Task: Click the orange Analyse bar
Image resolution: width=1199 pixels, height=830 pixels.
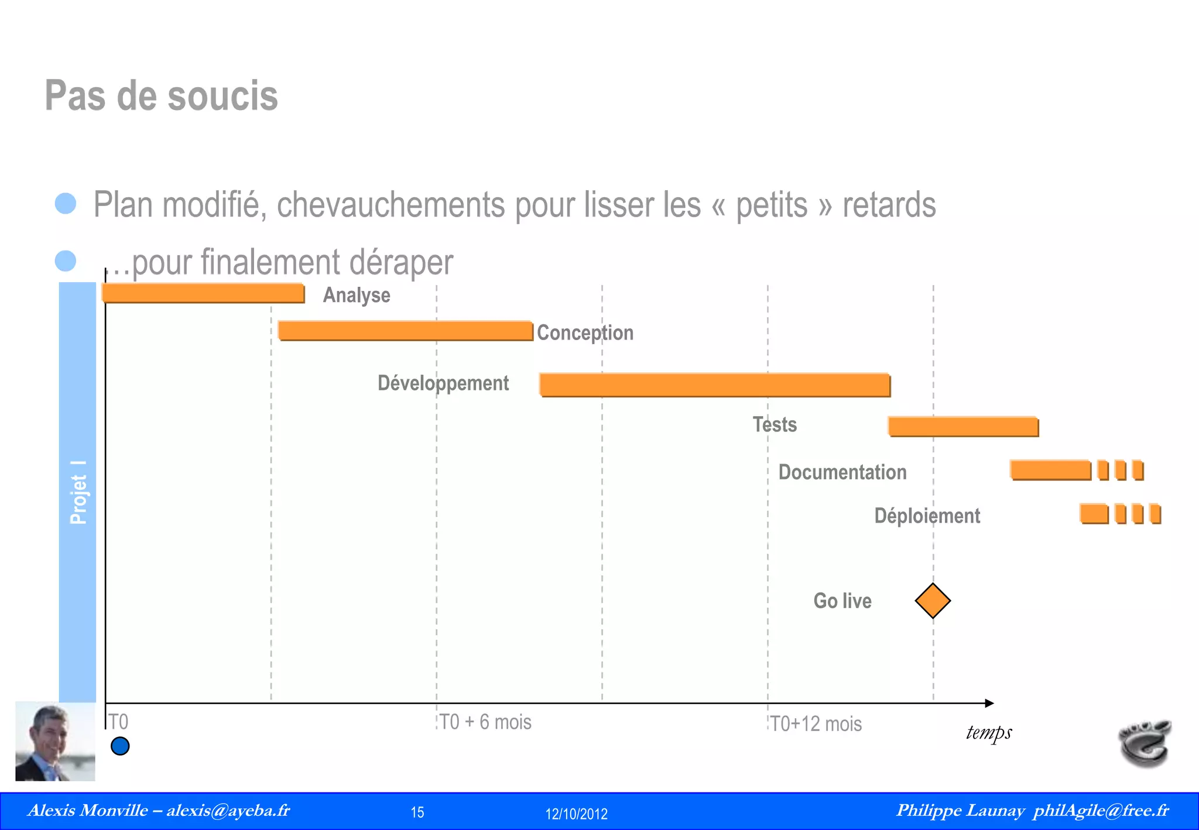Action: click(x=203, y=293)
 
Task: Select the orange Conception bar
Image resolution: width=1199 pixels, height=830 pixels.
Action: click(x=405, y=331)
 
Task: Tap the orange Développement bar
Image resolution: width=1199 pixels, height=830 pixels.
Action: click(x=714, y=385)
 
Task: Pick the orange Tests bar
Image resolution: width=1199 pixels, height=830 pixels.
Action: click(x=963, y=426)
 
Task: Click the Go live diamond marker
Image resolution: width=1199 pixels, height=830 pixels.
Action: click(x=933, y=601)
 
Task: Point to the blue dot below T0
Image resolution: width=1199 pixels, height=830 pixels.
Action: click(x=120, y=746)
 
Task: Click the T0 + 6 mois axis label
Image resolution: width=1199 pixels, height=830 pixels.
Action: click(x=485, y=722)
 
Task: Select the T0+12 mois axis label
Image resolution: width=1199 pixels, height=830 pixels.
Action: click(x=816, y=724)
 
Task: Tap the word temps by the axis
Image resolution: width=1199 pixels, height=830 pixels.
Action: click(x=989, y=733)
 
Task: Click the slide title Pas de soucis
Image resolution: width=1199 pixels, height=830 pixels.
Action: click(x=161, y=95)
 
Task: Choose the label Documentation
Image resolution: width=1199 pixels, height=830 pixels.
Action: click(x=842, y=472)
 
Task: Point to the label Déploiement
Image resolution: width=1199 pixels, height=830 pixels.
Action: click(x=927, y=516)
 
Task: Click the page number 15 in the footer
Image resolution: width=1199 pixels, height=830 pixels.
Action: click(x=417, y=812)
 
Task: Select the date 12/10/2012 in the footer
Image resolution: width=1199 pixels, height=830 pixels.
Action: click(x=576, y=814)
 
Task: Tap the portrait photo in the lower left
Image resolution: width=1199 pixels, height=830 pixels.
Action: click(x=55, y=742)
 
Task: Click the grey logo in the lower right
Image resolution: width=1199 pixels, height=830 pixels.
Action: click(x=1145, y=742)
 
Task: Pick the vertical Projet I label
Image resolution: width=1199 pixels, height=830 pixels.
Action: click(x=78, y=492)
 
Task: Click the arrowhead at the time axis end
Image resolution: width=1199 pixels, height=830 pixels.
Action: click(x=989, y=703)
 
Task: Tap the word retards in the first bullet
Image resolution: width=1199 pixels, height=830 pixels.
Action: click(x=889, y=205)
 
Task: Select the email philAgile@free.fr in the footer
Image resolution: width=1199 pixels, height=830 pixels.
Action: click(x=1101, y=811)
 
